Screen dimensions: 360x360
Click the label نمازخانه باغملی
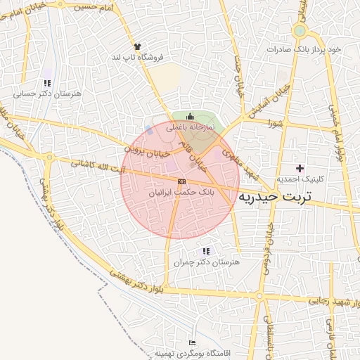(189, 129)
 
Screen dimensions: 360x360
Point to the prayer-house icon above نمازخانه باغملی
(189, 117)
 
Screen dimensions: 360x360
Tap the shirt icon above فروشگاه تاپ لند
(137, 46)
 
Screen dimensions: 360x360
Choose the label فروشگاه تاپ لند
(139, 57)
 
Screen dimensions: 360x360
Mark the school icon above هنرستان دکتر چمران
(205, 250)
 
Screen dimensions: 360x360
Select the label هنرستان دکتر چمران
(205, 262)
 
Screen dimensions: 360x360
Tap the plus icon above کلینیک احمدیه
(300, 168)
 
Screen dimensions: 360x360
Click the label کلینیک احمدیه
(300, 179)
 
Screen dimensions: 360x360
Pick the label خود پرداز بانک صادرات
(304, 50)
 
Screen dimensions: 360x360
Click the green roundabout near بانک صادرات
(300, 31)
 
